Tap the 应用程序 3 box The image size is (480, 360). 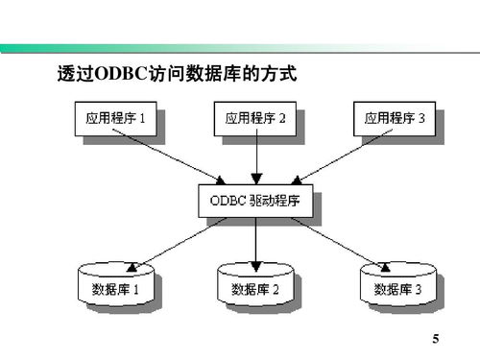coord(395,119)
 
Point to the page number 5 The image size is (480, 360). coord(436,340)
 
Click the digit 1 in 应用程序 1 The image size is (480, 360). coord(142,119)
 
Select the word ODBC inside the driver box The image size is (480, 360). coord(226,201)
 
